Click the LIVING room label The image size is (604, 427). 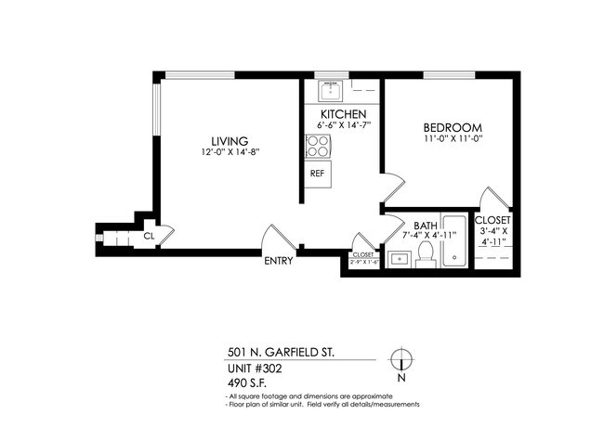(x=228, y=140)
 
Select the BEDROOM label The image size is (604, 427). (x=453, y=127)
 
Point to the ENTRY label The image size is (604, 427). (x=278, y=261)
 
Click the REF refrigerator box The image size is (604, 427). (x=317, y=173)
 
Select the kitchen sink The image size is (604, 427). (x=331, y=91)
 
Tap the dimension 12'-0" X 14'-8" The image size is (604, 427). (x=228, y=152)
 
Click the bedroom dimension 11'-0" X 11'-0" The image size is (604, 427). (x=453, y=139)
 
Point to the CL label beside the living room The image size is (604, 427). (x=148, y=237)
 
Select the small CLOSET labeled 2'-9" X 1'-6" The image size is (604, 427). (x=362, y=258)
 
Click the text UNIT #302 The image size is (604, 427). (x=254, y=368)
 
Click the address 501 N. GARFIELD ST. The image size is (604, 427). (x=275, y=353)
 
